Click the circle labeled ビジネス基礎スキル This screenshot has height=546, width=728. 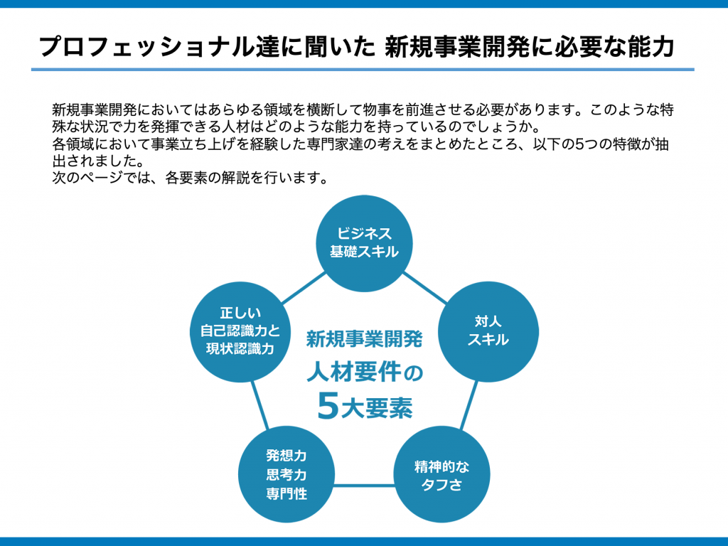tap(364, 243)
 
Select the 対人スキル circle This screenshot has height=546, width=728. tap(488, 331)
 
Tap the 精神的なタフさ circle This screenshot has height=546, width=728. tap(441, 474)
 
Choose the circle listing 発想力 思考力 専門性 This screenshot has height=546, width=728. tap(287, 474)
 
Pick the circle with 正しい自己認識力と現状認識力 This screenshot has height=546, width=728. tap(240, 331)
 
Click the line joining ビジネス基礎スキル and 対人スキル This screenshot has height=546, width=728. tap(425, 288)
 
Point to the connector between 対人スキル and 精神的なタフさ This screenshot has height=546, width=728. tap(469, 405)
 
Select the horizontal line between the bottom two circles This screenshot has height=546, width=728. tap(364, 486)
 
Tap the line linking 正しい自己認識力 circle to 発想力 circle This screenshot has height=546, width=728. tap(260, 405)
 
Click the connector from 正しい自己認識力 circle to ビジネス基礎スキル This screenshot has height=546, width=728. tap(304, 288)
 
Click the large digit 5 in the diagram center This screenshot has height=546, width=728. tap(328, 406)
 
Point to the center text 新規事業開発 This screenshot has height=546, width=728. tap(364, 339)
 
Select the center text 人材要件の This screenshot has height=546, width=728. tap(365, 372)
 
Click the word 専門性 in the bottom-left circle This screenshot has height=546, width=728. tap(287, 493)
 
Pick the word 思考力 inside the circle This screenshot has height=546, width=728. tap(287, 474)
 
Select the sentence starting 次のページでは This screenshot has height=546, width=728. tap(191, 177)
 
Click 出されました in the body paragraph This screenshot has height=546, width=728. tap(98, 161)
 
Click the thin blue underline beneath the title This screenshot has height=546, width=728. tap(363, 70)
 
